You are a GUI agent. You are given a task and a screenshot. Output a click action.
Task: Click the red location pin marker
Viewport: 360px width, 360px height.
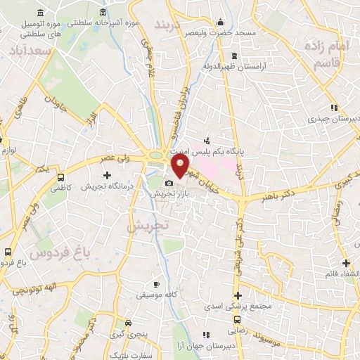coord(181,166)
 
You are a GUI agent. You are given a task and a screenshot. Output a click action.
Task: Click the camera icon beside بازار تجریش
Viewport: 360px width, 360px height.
coord(169,184)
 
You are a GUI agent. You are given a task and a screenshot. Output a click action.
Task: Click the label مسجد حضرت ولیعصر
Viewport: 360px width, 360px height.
coord(221,33)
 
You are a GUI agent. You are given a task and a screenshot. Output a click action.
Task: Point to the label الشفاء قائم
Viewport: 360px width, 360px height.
coord(335,274)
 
